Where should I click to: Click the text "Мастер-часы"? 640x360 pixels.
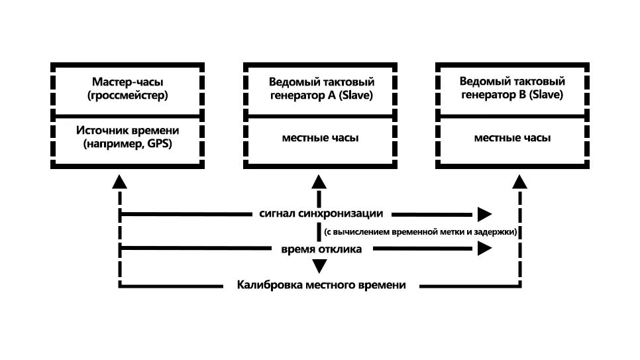pyautogui.click(x=128, y=83)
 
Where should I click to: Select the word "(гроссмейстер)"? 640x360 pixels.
pyautogui.click(x=128, y=95)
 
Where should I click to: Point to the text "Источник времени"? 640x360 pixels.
pyautogui.click(x=128, y=131)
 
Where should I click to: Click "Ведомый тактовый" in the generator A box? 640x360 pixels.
pyautogui.click(x=321, y=83)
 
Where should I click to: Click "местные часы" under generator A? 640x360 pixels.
pyautogui.click(x=321, y=139)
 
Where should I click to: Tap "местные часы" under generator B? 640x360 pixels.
pyautogui.click(x=512, y=139)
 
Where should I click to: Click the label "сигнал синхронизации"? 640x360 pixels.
pyautogui.click(x=322, y=213)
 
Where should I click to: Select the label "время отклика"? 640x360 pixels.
pyautogui.click(x=321, y=249)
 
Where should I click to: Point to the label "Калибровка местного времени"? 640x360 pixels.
pyautogui.click(x=321, y=285)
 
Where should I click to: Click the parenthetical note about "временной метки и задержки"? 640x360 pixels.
pyautogui.click(x=421, y=231)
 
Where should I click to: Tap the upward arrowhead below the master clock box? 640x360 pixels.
pyautogui.click(x=119, y=182)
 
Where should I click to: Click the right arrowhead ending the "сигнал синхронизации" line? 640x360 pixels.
pyautogui.click(x=484, y=213)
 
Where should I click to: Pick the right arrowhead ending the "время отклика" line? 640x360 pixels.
pyautogui.click(x=484, y=249)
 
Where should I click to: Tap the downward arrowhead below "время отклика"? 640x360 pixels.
pyautogui.click(x=320, y=267)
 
